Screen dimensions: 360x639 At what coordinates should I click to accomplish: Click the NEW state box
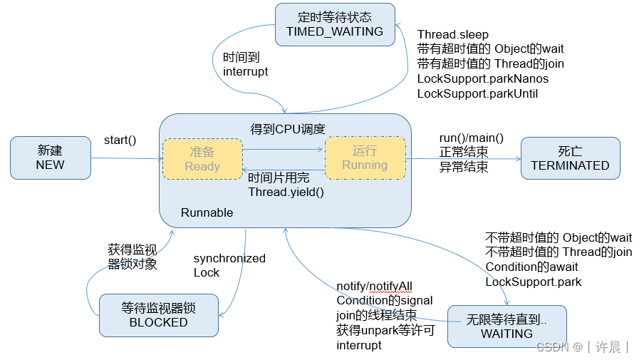[x=50, y=158]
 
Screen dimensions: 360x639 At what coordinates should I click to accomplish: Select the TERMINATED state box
[x=570, y=158]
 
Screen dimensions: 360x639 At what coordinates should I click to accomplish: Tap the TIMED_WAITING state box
[x=334, y=24]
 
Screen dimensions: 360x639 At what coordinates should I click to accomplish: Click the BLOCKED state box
[x=158, y=315]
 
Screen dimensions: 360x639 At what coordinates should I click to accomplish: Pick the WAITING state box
[x=506, y=326]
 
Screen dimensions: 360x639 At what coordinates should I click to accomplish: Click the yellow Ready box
[x=202, y=159]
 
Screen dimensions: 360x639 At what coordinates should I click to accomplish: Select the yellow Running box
[x=365, y=158]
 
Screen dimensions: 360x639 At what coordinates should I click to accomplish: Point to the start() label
[x=120, y=139]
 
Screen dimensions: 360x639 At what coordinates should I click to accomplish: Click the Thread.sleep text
[x=453, y=34]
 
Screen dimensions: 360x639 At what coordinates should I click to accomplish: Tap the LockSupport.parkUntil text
[x=477, y=93]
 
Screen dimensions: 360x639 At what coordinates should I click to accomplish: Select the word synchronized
[x=229, y=258]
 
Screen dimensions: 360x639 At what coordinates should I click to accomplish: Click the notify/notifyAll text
[x=374, y=286]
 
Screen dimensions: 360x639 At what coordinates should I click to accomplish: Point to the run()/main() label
[x=471, y=138]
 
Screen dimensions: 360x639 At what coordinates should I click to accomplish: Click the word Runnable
[x=207, y=212]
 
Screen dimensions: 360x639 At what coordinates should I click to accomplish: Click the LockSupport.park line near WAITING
[x=533, y=282]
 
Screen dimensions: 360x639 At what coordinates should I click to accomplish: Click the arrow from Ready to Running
[x=284, y=150]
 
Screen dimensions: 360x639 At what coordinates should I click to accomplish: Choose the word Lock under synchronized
[x=207, y=272]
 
